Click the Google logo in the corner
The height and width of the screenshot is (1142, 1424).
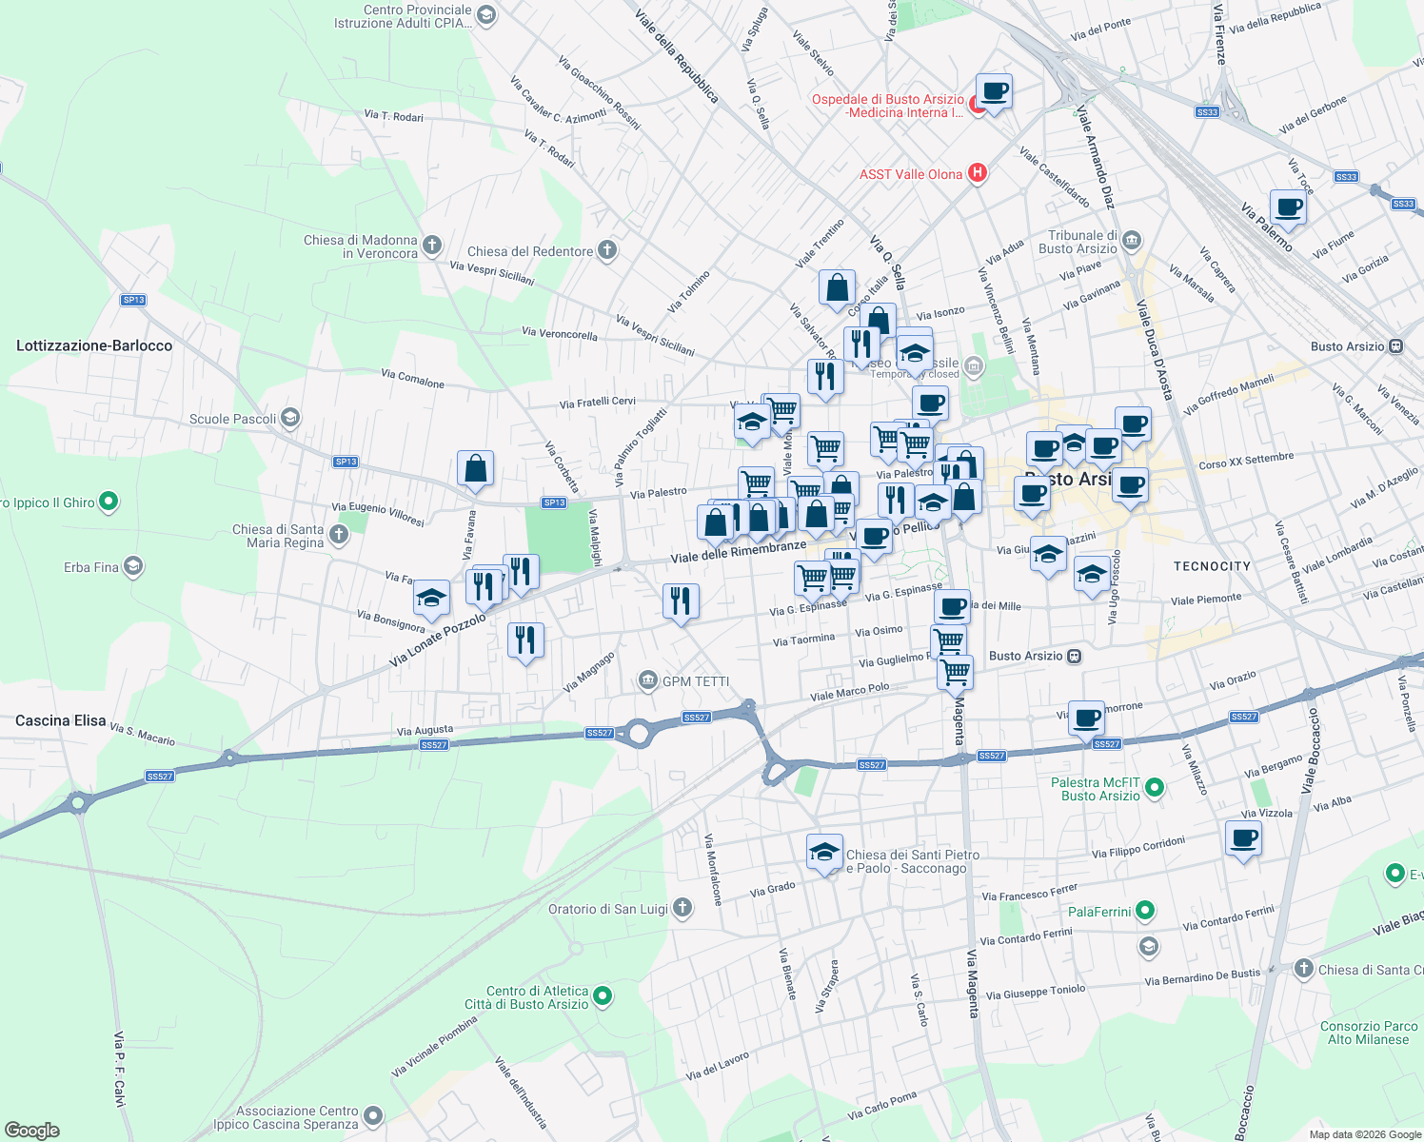pos(32,1131)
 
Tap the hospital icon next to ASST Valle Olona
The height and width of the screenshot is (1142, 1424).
pos(977,173)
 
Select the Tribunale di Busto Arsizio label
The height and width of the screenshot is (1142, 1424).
pos(1082,243)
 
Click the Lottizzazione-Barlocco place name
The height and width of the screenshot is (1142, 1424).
pos(94,345)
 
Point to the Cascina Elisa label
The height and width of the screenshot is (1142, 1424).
pos(61,720)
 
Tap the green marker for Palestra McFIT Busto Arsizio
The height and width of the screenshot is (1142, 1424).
pos(1155,787)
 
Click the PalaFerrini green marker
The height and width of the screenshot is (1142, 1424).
pos(1145,911)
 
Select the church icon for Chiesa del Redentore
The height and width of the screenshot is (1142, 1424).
pos(607,250)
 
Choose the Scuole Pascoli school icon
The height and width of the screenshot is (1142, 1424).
pos(290,418)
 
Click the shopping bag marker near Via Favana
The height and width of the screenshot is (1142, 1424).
pos(475,469)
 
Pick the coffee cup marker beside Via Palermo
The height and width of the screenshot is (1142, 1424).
pos(1288,207)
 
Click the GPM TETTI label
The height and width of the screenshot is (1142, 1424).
pos(695,681)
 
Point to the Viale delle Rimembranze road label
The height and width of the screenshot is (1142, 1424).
pos(738,552)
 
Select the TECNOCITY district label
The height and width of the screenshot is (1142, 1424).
pos(1212,566)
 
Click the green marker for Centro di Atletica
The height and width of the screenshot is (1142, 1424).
pos(602,996)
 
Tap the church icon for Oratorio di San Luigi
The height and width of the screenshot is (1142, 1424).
pos(682,908)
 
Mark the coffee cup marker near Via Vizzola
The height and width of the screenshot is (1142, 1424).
pos(1243,839)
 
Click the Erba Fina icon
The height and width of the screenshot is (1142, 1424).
pos(133,567)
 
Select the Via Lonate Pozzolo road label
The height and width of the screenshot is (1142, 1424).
pos(438,640)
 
